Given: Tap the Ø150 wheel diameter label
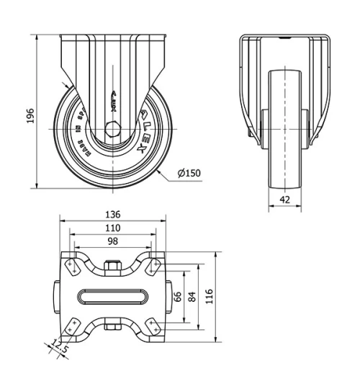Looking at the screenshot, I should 189,173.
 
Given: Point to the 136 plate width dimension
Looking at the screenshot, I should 112,215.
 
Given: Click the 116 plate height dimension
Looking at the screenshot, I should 209,296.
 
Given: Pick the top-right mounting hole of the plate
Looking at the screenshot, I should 153,267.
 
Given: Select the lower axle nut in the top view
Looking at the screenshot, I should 112,324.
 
